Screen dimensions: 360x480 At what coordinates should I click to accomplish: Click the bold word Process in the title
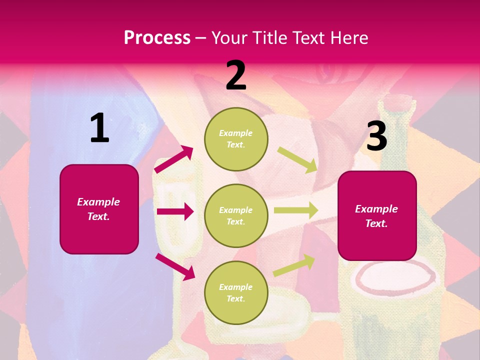click(157, 38)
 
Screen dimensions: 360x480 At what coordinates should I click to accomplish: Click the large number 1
click(99, 128)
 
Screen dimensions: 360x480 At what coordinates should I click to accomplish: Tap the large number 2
click(236, 75)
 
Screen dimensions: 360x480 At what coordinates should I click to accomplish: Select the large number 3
click(376, 136)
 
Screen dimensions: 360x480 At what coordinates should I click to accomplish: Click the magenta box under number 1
click(99, 209)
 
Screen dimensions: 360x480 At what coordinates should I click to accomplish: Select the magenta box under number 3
click(377, 215)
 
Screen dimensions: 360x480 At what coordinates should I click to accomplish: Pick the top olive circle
click(236, 138)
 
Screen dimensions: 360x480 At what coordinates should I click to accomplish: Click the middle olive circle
click(236, 215)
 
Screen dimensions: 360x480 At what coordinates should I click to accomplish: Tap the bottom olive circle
click(236, 292)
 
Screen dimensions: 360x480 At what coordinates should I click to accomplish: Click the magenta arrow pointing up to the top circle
click(174, 159)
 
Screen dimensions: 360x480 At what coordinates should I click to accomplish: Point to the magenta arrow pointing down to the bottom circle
click(175, 266)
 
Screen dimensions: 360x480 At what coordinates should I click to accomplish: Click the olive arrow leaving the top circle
click(297, 159)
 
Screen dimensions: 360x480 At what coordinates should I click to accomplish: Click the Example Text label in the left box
click(98, 209)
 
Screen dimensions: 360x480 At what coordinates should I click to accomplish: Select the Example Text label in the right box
click(376, 216)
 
